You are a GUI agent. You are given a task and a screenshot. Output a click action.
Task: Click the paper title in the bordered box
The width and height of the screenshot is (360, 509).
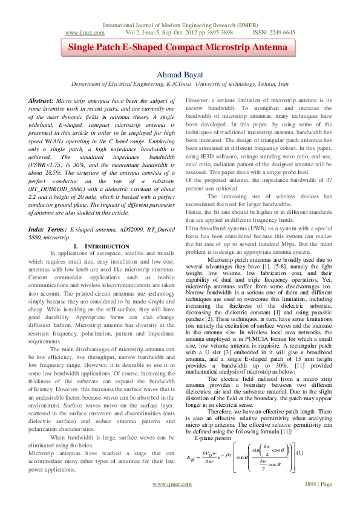tap(180, 48)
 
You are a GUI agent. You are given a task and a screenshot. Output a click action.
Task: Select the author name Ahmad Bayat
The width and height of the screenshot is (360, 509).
tap(180, 74)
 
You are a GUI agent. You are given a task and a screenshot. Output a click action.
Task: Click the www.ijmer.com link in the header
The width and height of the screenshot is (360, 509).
tap(82, 32)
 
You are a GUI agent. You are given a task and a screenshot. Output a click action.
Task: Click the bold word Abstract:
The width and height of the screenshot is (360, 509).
tap(44, 100)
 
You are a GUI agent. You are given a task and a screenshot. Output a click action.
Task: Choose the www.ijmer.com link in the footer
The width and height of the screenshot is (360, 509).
tap(172, 501)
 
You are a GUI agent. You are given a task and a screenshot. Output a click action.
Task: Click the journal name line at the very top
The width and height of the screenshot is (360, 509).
tap(180, 25)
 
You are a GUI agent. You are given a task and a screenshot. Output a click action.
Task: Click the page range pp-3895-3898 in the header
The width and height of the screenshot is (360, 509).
tap(212, 32)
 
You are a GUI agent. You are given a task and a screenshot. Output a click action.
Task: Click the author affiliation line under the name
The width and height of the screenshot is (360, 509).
tap(180, 85)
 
